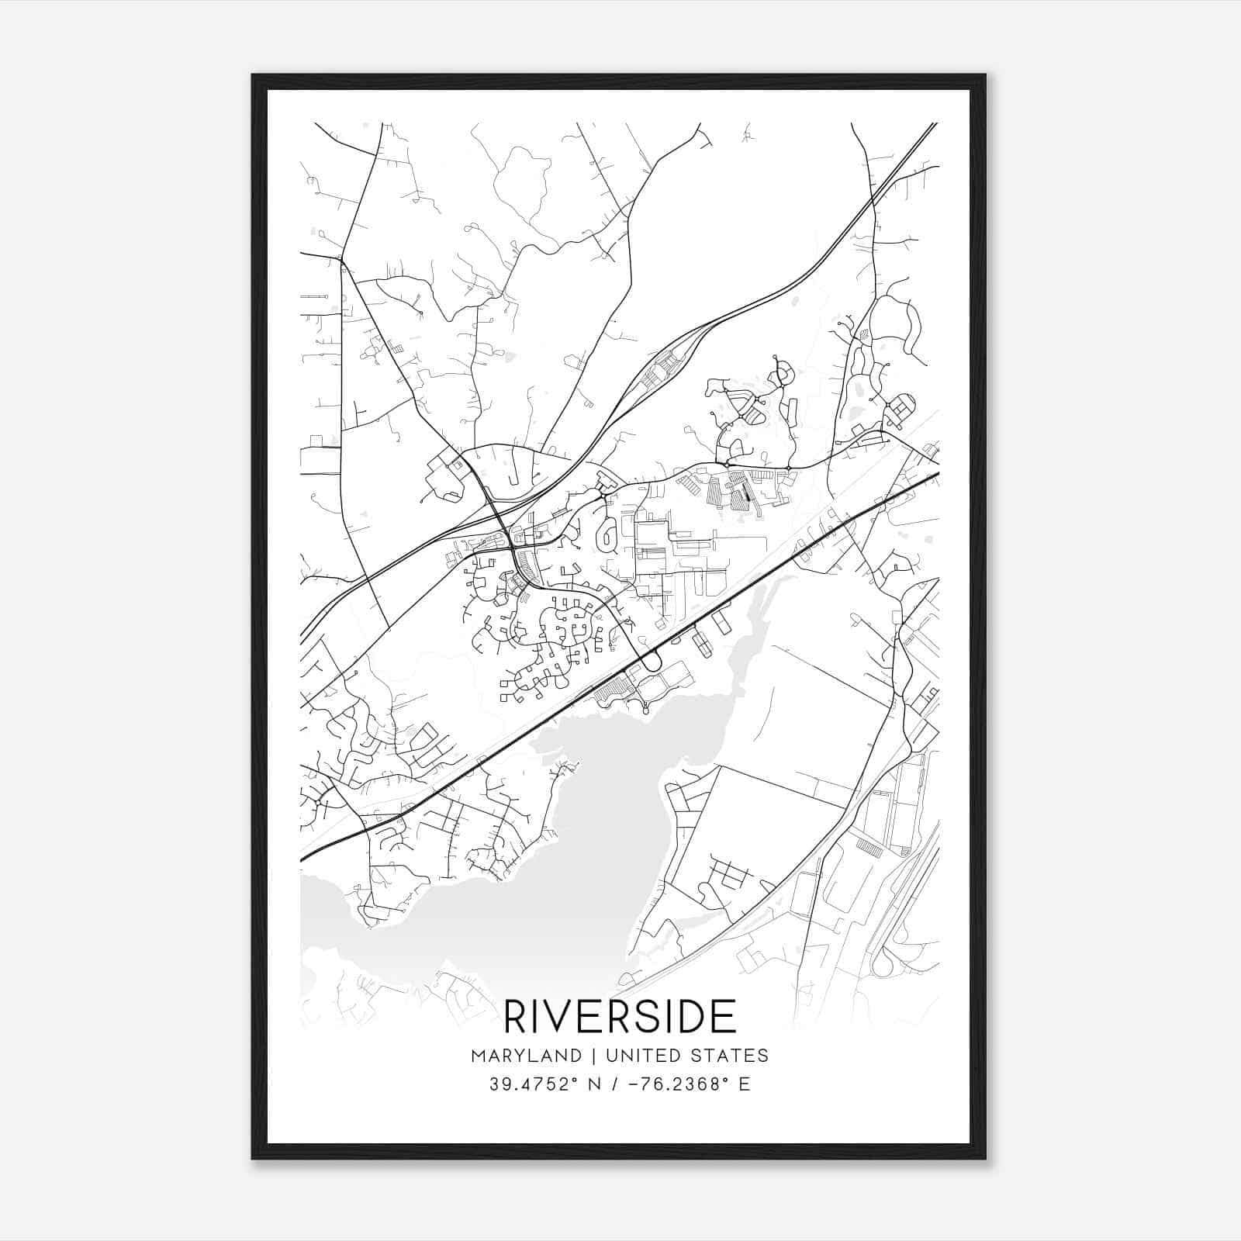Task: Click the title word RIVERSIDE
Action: tap(620, 1017)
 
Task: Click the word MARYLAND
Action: tap(526, 1056)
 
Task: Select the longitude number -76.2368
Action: tap(672, 1084)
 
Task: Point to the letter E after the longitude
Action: tap(744, 1084)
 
